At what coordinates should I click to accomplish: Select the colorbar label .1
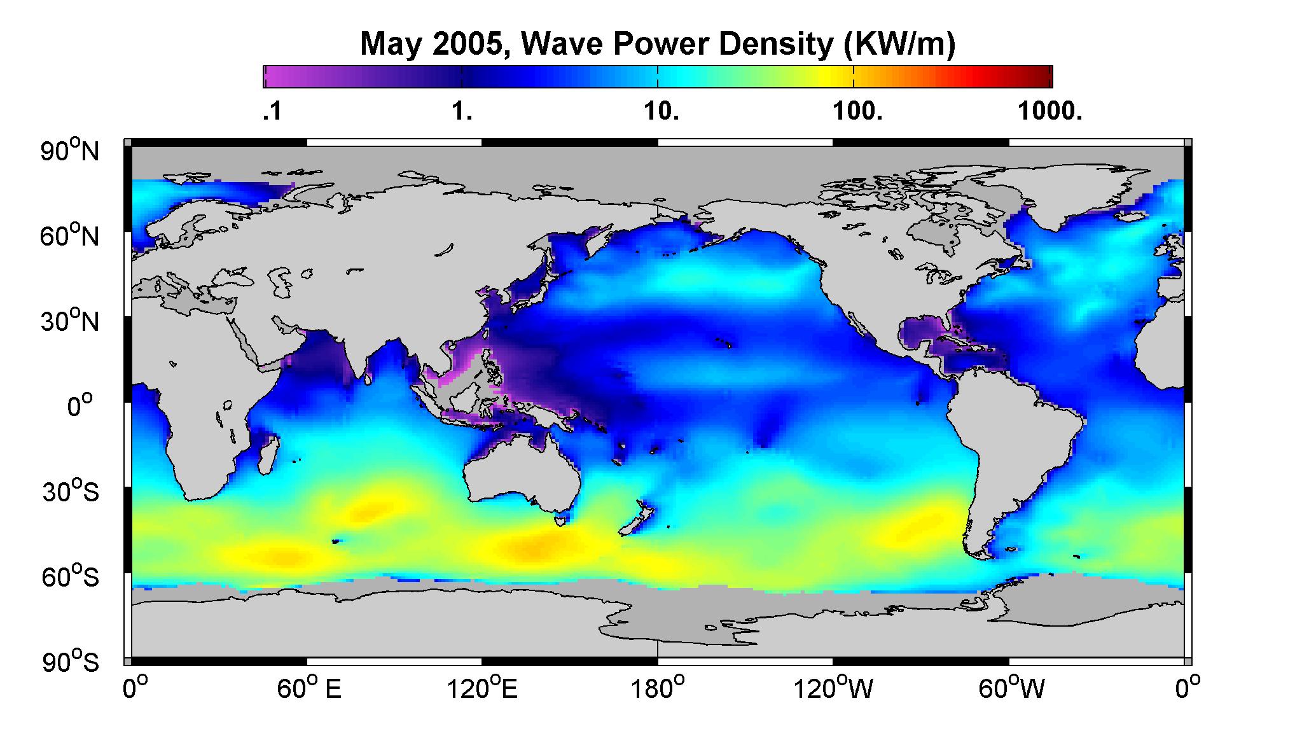[x=272, y=112]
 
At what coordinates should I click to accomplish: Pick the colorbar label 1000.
[x=1049, y=112]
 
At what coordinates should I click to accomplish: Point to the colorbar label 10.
[x=661, y=112]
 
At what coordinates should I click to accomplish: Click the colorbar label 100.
[x=856, y=112]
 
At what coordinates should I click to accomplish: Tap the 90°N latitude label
[x=71, y=151]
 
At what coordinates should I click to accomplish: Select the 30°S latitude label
[x=71, y=491]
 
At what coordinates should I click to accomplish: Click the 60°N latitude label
[x=71, y=236]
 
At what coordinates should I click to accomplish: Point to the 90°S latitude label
[x=71, y=662]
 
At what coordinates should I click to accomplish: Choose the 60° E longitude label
[x=309, y=688]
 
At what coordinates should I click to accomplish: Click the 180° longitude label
[x=658, y=688]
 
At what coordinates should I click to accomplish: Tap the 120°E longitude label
[x=482, y=688]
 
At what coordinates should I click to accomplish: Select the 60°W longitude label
[x=1010, y=688]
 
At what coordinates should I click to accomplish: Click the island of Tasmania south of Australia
[x=560, y=520]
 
